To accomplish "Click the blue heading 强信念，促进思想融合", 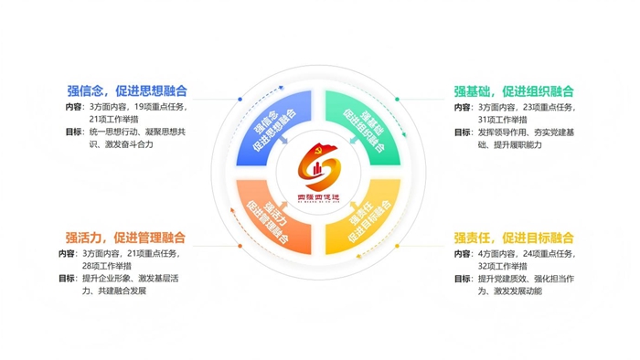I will coord(127,90).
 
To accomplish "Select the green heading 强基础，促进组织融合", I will coord(514,90).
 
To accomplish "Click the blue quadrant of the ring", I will coord(272,125).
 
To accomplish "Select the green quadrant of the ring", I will coord(366,125).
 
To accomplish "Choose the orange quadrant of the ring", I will coord(272,219).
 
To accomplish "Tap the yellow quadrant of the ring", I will coord(366,219).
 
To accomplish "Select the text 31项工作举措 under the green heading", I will coord(484,120).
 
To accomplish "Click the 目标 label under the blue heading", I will coord(74,132).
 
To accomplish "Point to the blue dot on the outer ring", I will coord(239,99).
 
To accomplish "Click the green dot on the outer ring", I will coord(400,99).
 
